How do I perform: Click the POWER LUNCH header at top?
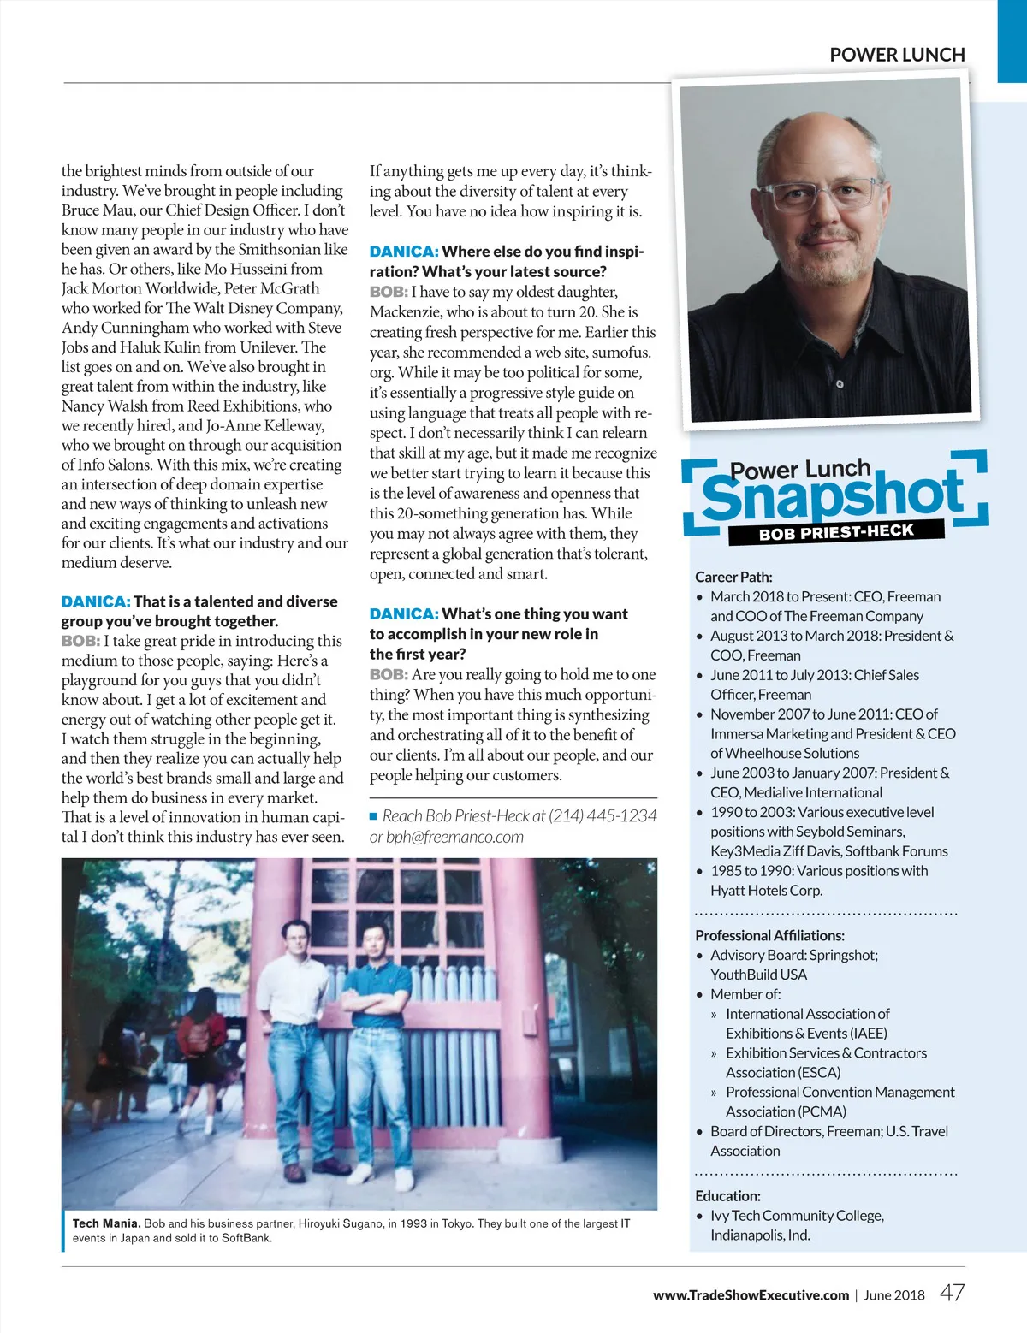[897, 55]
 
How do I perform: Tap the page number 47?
[952, 1293]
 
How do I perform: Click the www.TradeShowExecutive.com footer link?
[751, 1295]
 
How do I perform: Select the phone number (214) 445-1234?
[603, 816]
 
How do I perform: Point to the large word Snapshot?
[832, 496]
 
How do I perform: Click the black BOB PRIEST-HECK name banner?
[835, 532]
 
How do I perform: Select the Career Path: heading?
[733, 578]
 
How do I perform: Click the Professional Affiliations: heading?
[769, 936]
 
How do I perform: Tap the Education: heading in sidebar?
[727, 1196]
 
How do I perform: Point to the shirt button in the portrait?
[840, 384]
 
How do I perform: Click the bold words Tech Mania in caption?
[106, 1224]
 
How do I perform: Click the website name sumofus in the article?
[621, 353]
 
